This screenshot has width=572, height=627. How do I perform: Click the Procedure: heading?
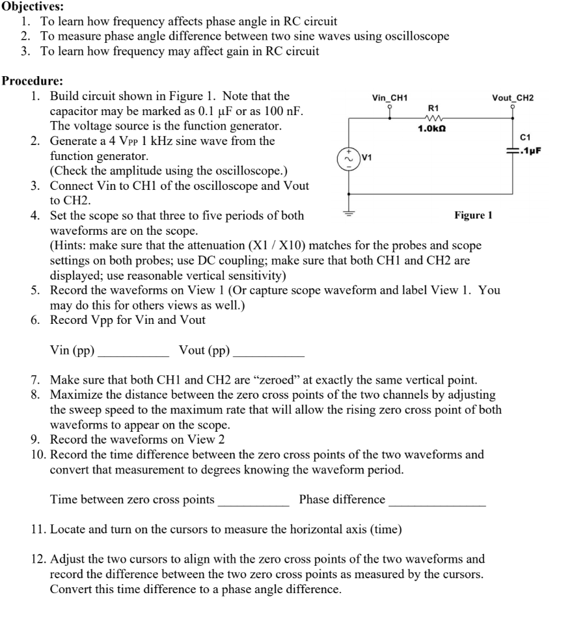32,81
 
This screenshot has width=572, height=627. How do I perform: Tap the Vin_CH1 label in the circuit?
389,98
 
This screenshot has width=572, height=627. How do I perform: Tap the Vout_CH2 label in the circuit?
513,98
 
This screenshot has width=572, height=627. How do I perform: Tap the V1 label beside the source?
368,157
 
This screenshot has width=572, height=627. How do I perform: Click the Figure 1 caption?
473,215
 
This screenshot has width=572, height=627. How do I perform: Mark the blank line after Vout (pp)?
268,355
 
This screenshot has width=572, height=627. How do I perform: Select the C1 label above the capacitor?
526,137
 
